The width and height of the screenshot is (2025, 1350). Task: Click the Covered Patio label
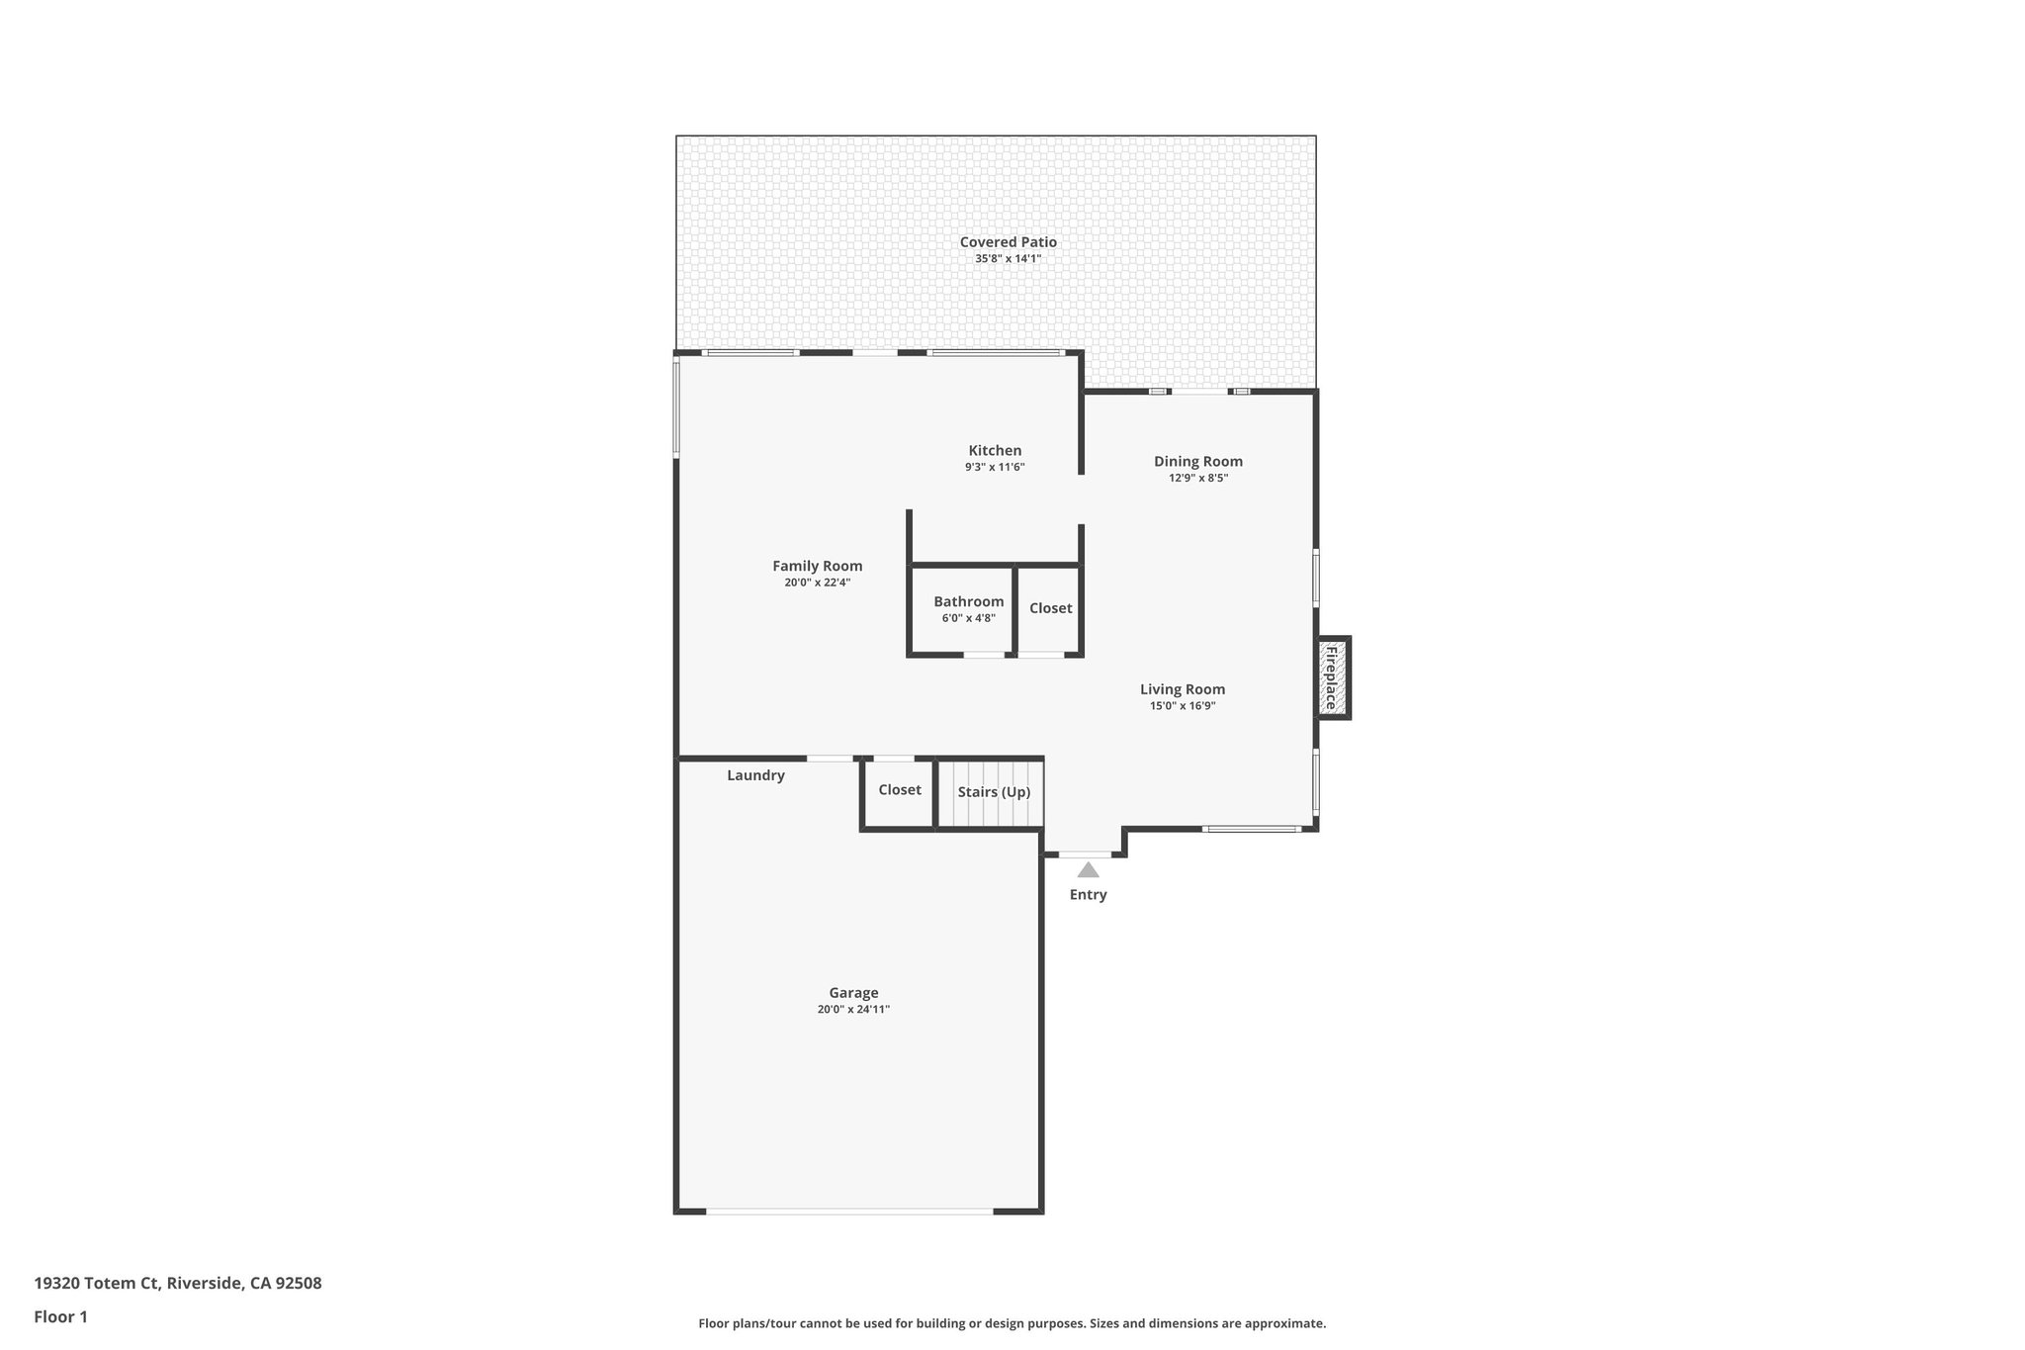(1008, 242)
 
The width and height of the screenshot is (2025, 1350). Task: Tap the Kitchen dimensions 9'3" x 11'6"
(995, 467)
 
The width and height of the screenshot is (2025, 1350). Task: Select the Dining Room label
(1197, 461)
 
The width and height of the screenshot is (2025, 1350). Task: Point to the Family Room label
(817, 566)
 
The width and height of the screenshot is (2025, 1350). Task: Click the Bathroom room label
(968, 601)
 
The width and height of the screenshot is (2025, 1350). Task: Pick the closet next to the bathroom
(1050, 608)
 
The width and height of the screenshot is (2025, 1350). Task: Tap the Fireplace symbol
(1331, 677)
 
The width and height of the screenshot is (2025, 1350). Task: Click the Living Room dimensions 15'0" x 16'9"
(1182, 706)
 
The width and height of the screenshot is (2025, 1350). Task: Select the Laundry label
(755, 775)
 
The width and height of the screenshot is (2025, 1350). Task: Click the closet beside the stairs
(899, 790)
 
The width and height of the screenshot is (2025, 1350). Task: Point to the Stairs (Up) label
(993, 792)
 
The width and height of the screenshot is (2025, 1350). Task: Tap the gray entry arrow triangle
(1088, 870)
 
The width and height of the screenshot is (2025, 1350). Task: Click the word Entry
(1088, 895)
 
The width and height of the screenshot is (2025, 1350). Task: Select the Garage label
(853, 993)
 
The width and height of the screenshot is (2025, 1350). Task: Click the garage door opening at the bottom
(849, 1211)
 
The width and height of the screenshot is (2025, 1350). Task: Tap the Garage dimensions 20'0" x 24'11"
(853, 1010)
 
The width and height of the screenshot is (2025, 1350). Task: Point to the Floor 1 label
(60, 1316)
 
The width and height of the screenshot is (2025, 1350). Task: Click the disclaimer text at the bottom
(1012, 1323)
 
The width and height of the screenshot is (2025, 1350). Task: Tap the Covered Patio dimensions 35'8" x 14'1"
(1008, 259)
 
